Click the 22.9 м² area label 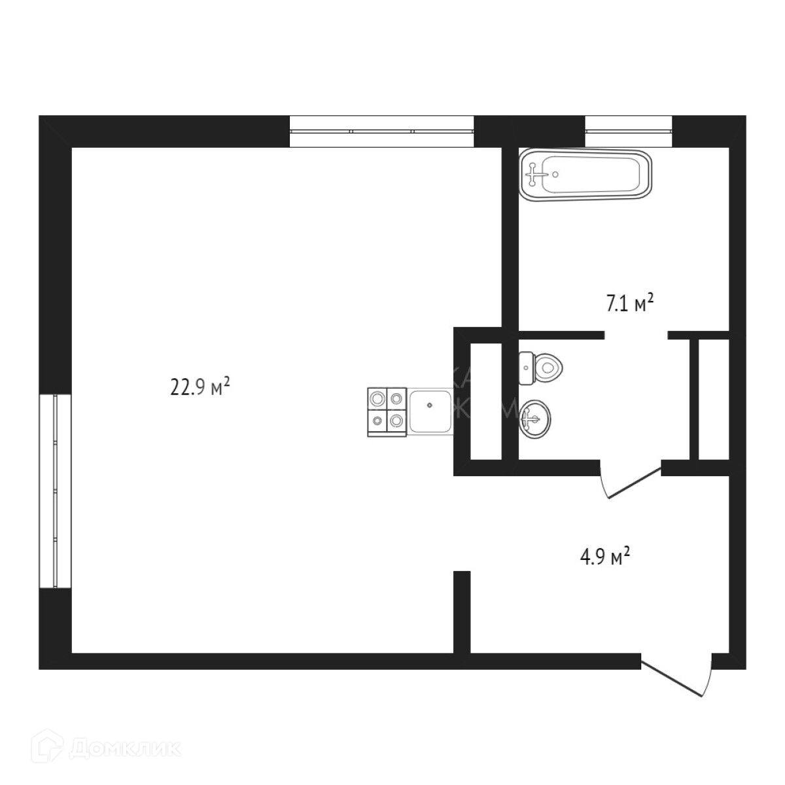click(200, 387)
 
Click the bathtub click(585, 173)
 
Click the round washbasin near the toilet click(534, 417)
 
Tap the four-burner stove click(387, 413)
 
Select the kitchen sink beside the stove click(430, 411)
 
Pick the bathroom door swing click(628, 483)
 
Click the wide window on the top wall click(381, 131)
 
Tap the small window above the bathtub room click(628, 131)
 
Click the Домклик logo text click(125, 748)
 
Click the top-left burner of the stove click(377, 398)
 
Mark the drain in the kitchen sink click(429, 405)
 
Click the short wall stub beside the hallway click(462, 612)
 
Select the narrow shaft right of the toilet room click(712, 399)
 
